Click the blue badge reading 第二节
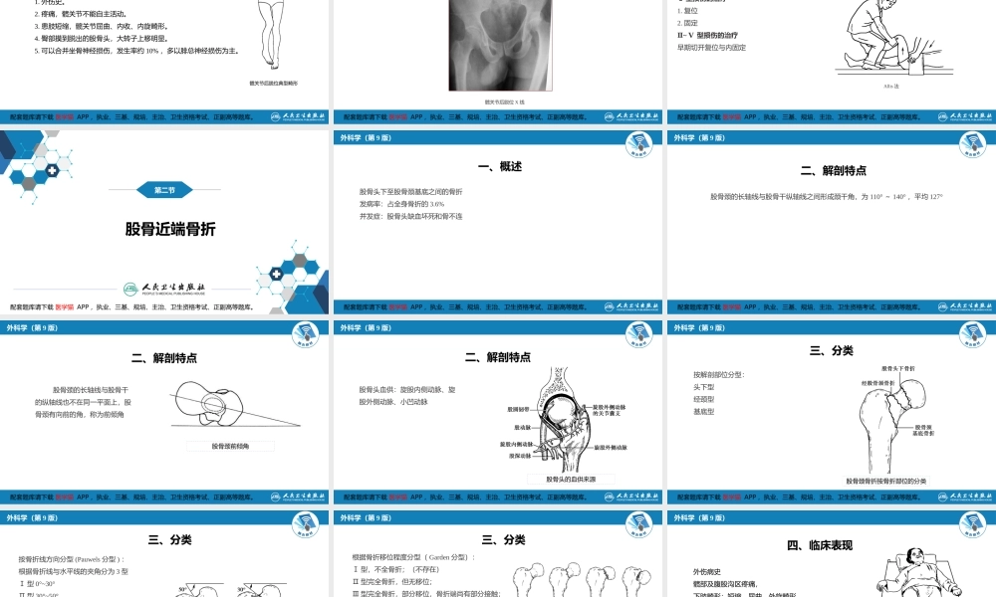[163, 190]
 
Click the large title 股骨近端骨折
[170, 229]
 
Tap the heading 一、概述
[499, 166]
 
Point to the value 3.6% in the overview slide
[436, 203]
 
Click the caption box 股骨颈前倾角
[230, 446]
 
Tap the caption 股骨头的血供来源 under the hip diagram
[571, 480]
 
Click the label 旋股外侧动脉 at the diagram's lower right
[610, 449]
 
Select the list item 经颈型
[703, 399]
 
